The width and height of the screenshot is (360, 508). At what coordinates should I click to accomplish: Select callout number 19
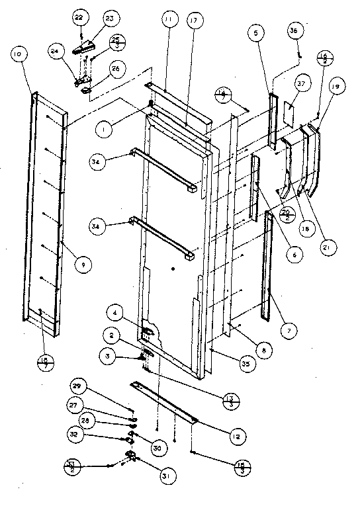[x=335, y=87]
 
